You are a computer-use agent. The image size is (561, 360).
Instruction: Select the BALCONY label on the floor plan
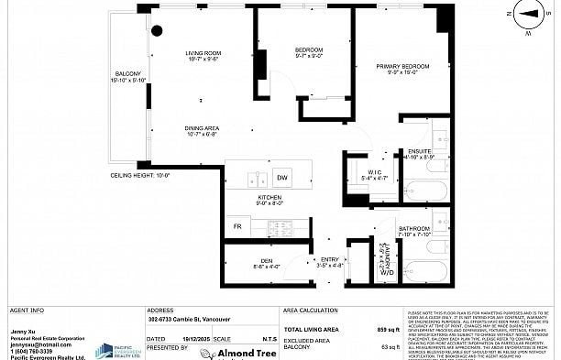pos(127,74)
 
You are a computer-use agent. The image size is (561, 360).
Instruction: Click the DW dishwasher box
pos(282,176)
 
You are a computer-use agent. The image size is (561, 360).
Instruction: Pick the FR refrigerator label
pos(236,225)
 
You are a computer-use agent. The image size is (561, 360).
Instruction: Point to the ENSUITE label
pos(420,151)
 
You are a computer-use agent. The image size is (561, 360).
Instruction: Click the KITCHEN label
pos(269,198)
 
